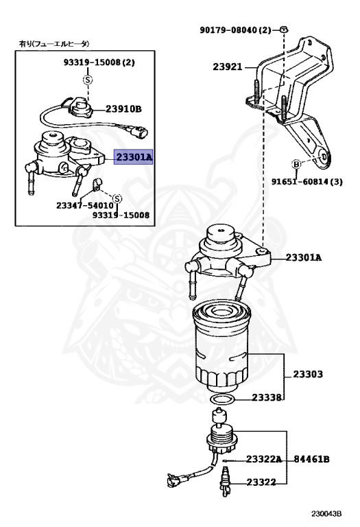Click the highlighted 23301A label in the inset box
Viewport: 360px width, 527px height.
tap(133, 156)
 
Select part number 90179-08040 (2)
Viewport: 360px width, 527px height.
tap(235, 30)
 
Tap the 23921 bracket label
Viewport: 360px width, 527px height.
tap(228, 67)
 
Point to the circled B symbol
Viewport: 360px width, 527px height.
tap(296, 165)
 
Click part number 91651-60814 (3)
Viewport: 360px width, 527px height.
tap(307, 182)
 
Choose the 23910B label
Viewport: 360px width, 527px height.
tap(123, 109)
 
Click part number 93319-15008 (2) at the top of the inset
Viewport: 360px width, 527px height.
tap(99, 62)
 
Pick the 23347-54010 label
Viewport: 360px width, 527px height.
tap(84, 205)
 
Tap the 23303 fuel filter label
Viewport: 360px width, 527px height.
tap(308, 374)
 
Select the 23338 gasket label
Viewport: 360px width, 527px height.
tap(267, 397)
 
